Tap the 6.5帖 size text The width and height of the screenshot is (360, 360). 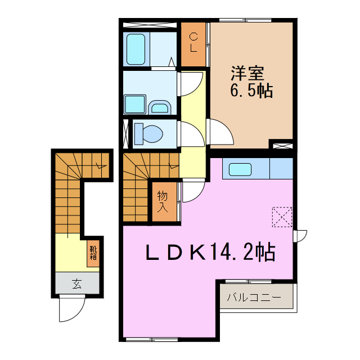coord(251,91)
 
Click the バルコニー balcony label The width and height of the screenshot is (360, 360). coord(254,297)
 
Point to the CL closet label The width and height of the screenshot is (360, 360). coord(193,42)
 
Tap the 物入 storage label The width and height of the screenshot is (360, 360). coord(163,201)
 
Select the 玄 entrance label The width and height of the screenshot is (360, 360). coord(76,284)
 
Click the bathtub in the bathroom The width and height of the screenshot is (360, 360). coord(136,49)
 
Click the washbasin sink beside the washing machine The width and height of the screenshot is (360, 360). coord(160,107)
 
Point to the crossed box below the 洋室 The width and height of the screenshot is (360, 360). coord(282,145)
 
